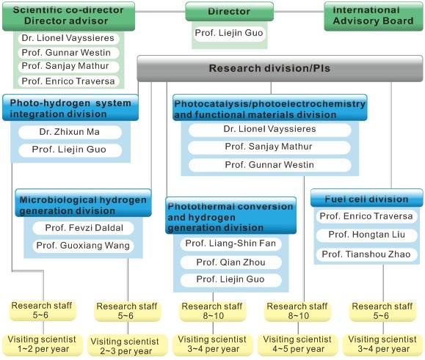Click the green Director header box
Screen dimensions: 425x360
(x=229, y=12)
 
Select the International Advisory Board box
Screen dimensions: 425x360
(x=373, y=16)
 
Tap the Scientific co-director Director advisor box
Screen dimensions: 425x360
(x=68, y=16)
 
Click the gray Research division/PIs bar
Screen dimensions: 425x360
(x=280, y=68)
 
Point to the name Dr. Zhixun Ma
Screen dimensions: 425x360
(x=70, y=132)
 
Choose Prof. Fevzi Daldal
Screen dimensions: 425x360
(x=84, y=228)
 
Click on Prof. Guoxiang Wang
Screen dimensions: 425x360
(x=84, y=246)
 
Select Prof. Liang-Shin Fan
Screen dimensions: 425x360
(x=230, y=243)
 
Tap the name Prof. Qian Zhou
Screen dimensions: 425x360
(x=230, y=262)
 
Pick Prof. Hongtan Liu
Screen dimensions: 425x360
(x=366, y=235)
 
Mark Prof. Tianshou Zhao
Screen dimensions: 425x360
(x=366, y=254)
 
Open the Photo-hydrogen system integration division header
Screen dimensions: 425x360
(x=70, y=108)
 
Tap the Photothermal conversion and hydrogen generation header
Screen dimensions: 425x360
(x=230, y=216)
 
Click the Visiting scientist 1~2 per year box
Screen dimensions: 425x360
(x=43, y=345)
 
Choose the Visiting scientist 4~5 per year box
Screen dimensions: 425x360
(x=298, y=345)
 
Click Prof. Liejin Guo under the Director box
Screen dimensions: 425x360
(x=229, y=33)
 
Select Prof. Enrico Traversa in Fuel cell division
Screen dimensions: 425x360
(x=366, y=216)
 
